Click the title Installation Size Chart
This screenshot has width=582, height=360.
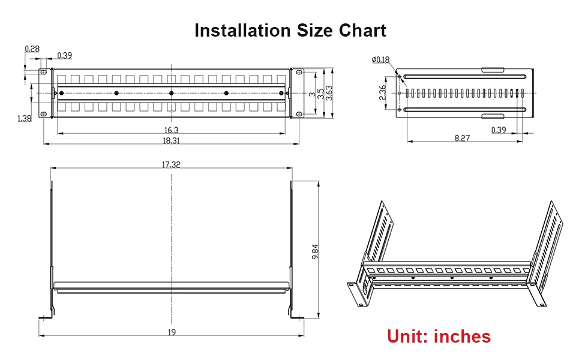(x=290, y=31)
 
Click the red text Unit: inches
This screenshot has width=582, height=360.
(x=439, y=336)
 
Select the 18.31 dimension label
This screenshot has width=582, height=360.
(x=171, y=140)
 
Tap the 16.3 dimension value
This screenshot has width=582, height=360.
(x=171, y=130)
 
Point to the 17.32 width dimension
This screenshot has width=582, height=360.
(x=171, y=164)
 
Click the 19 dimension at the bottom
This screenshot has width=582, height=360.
(x=172, y=332)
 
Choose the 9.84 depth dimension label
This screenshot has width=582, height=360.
(x=315, y=251)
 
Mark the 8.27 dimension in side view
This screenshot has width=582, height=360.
(x=462, y=138)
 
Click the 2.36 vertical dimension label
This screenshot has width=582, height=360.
(x=382, y=92)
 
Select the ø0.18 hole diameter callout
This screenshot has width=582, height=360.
(x=381, y=60)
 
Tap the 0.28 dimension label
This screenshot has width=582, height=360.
(x=32, y=49)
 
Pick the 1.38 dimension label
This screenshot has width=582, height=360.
(x=25, y=118)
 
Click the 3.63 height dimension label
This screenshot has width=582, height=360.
(x=329, y=93)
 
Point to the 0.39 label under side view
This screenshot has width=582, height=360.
(x=499, y=130)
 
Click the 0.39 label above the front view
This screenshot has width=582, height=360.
(x=65, y=55)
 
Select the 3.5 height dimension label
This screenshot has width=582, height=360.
(x=321, y=93)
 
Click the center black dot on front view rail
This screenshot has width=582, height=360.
(x=171, y=93)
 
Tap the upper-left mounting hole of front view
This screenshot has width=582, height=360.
(x=43, y=72)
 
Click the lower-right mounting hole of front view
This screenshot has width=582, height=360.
(x=298, y=114)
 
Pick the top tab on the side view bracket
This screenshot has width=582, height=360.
(x=493, y=70)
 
